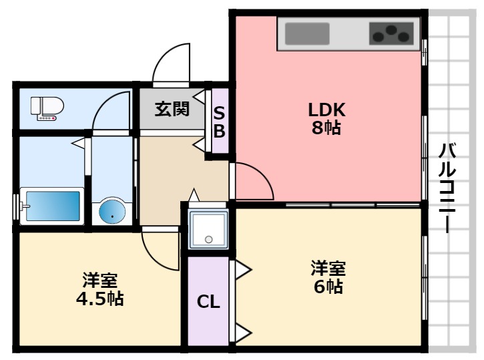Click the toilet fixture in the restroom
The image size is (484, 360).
tap(47, 109)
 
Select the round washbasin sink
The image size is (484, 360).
tap(112, 212)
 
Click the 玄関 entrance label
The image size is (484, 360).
tap(172, 109)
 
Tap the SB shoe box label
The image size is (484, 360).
tap(219, 122)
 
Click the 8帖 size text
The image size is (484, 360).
tap(325, 128)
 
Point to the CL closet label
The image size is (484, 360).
tap(208, 302)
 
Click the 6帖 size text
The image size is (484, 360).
tap(327, 287)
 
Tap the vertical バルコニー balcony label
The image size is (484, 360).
tap(447, 188)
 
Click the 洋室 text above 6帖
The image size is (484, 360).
tap(327, 268)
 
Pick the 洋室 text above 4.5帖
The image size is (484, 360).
tap(100, 279)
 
